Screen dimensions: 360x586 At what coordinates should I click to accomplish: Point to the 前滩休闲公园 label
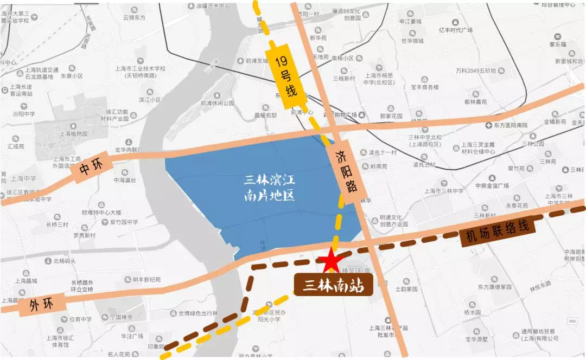click(217, 103)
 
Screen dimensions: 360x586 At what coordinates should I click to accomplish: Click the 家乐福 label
click(557, 44)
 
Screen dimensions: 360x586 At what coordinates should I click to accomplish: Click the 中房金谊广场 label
click(492, 186)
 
